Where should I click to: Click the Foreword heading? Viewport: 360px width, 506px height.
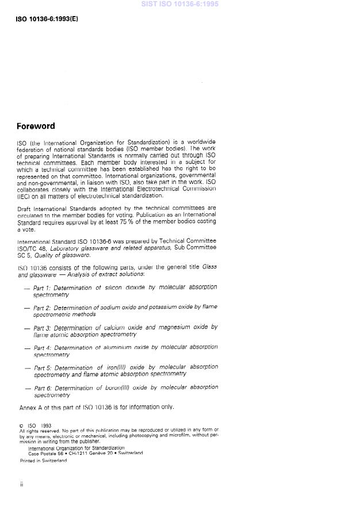pyautogui.click(x=36, y=126)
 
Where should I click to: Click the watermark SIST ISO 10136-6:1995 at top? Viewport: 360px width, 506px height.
pyautogui.click(x=180, y=5)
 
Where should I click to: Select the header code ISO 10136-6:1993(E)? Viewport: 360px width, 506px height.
pyautogui.click(x=47, y=19)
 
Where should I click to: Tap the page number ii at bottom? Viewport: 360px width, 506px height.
pyautogui.click(x=21, y=485)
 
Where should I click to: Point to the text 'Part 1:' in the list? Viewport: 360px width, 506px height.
pyautogui.click(x=42, y=287)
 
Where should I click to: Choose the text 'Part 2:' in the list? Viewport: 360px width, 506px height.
pyautogui.click(x=42, y=308)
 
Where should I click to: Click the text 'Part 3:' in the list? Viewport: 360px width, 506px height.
pyautogui.click(x=42, y=328)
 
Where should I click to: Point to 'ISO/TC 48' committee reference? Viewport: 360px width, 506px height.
pyautogui.click(x=32, y=248)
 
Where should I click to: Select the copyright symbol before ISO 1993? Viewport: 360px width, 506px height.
pyautogui.click(x=22, y=425)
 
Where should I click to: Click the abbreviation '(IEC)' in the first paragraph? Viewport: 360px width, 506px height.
pyautogui.click(x=26, y=196)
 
